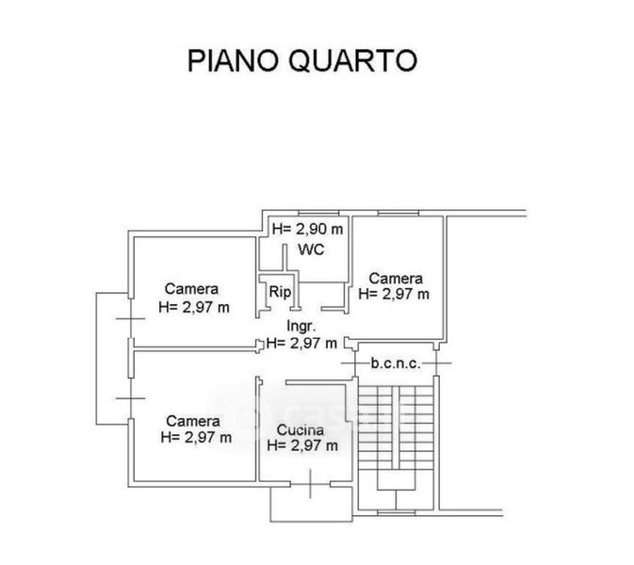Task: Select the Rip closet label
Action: point(280,292)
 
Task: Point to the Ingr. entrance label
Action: point(301,327)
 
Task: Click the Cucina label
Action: point(301,430)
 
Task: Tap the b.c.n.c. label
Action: point(395,363)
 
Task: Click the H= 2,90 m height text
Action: point(307,229)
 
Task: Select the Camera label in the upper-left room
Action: point(192,289)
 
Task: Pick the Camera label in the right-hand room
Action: point(396,278)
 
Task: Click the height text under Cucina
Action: point(301,446)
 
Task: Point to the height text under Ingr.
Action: point(301,343)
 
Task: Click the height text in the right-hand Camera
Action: point(394,294)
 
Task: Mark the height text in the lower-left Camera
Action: point(195,436)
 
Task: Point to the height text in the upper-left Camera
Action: point(195,306)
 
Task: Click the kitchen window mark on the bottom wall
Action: point(310,486)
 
